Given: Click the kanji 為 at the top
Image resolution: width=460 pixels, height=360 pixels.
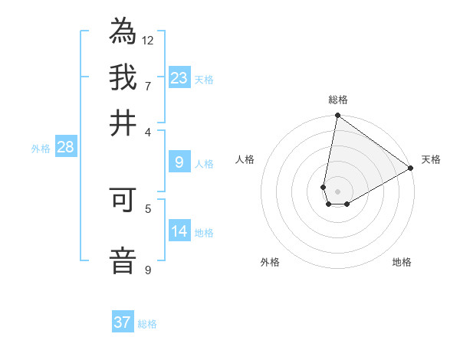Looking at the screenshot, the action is [x=123, y=31].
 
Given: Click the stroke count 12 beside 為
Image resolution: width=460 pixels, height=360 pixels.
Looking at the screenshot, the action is [x=148, y=40].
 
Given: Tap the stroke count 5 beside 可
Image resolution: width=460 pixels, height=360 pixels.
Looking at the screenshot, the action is [x=148, y=208].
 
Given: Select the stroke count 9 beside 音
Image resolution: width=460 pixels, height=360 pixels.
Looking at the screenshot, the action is [x=148, y=269].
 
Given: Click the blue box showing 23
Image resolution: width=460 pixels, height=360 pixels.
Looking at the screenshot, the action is [x=179, y=78].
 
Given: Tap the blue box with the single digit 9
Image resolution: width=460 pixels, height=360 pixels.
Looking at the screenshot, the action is [x=179, y=162].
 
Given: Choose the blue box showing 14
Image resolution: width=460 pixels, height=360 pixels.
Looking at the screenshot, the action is [x=179, y=231].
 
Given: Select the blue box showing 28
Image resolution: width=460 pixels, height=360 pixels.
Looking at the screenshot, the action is [x=65, y=148].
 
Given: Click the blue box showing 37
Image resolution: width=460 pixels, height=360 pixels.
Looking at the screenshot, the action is [x=123, y=322].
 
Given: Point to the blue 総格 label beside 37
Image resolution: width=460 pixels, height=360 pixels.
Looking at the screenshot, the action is [x=147, y=324].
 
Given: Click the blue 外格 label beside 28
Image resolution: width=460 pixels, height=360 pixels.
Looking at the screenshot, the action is [x=41, y=149].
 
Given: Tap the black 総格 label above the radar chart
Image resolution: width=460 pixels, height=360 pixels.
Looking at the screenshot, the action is [x=338, y=100].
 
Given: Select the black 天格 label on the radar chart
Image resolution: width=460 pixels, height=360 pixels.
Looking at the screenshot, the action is [x=431, y=159].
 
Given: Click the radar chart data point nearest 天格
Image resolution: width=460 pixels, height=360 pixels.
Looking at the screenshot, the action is [x=411, y=169].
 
